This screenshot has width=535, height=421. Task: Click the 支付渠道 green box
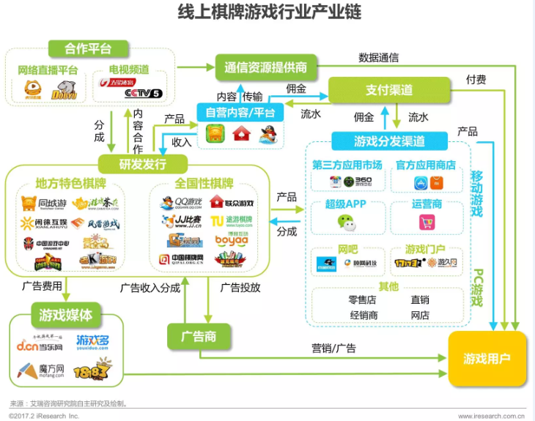pos(388,90)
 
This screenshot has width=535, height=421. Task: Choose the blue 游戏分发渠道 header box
pos(389,141)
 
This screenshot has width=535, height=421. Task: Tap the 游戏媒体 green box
pos(66,316)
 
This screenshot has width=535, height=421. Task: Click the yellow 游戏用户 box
pos(487,359)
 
